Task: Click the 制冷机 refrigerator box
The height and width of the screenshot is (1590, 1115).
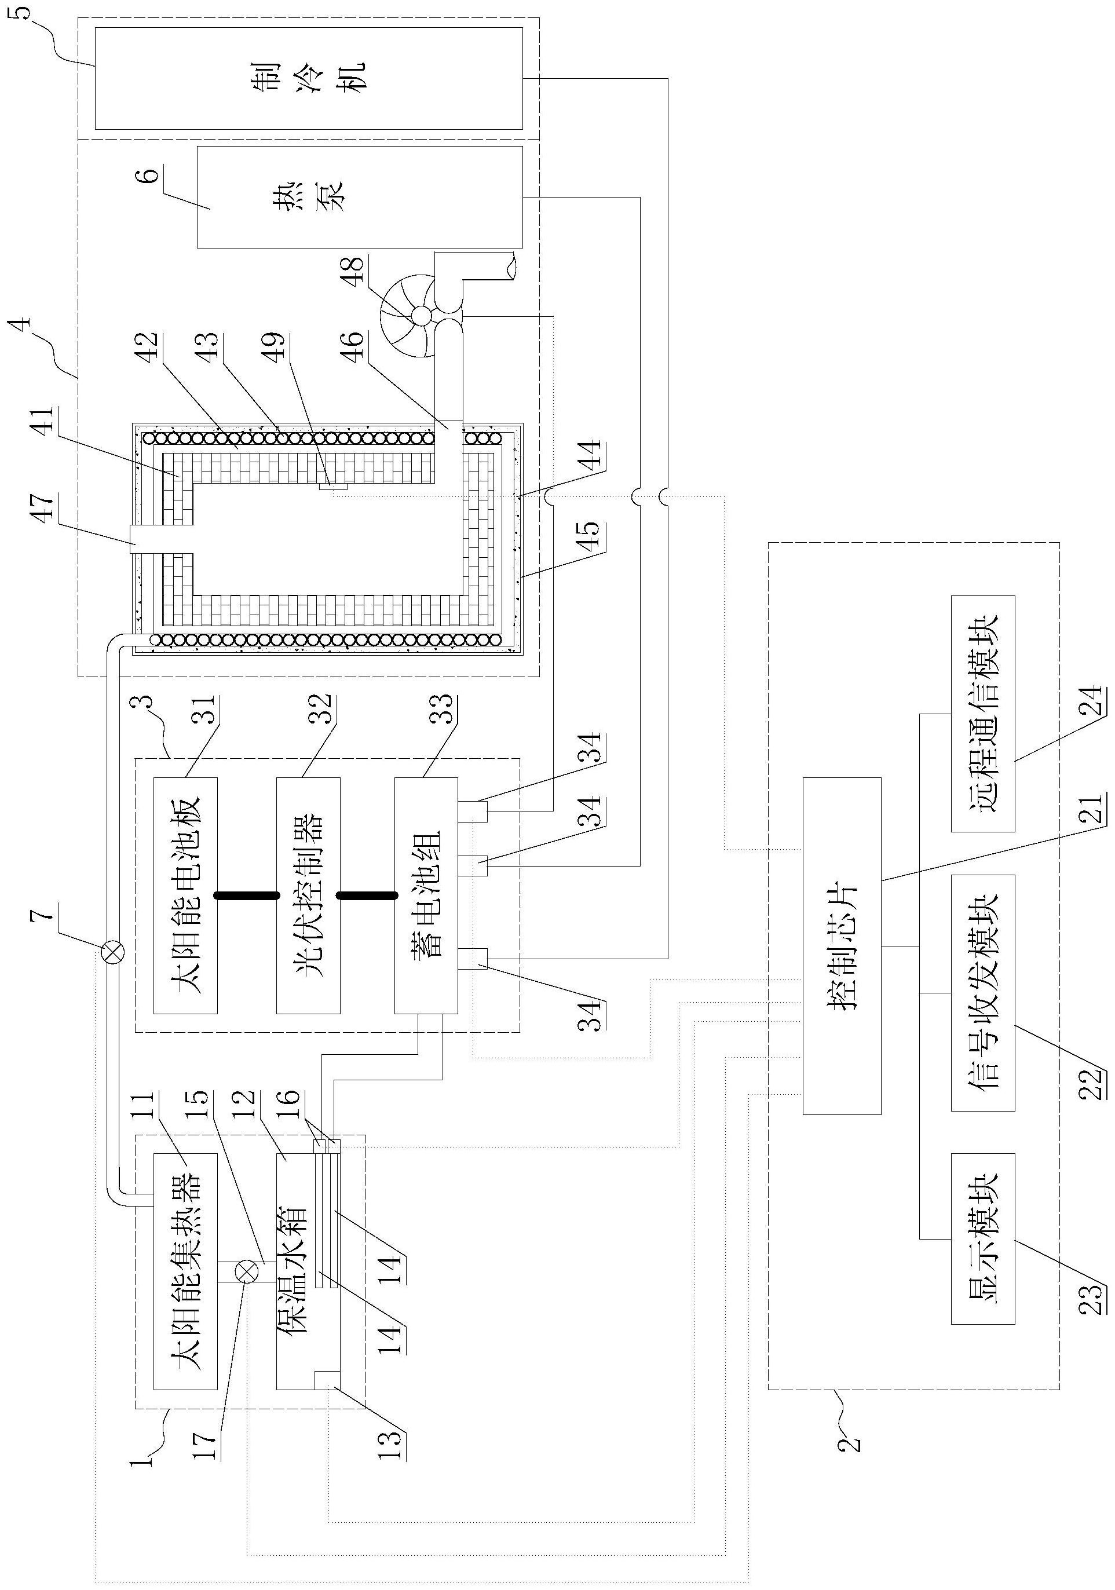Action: (308, 78)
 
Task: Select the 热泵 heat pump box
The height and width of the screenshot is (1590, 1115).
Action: (360, 197)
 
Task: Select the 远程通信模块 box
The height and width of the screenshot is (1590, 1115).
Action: (983, 713)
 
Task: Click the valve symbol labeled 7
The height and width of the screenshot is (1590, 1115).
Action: (113, 952)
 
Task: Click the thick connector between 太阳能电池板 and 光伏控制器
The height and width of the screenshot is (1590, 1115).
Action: (247, 895)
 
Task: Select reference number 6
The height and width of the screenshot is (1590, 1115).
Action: (152, 170)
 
